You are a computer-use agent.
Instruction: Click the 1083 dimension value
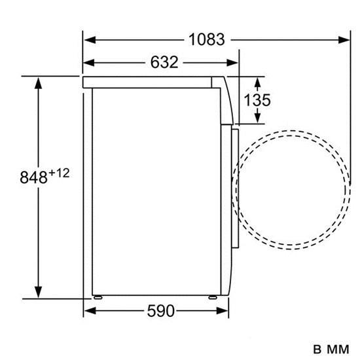[207, 39]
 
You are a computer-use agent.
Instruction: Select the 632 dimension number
[164, 62]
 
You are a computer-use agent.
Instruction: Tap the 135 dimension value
[257, 100]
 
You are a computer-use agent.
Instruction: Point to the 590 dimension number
[161, 311]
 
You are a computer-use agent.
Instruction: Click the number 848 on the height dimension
[34, 177]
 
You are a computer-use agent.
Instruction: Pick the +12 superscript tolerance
[59, 173]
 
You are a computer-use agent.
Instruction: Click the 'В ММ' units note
[331, 350]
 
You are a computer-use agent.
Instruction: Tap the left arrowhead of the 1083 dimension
[90, 40]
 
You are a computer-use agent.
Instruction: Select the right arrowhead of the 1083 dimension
[344, 40]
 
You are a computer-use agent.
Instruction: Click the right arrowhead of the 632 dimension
[232, 62]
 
